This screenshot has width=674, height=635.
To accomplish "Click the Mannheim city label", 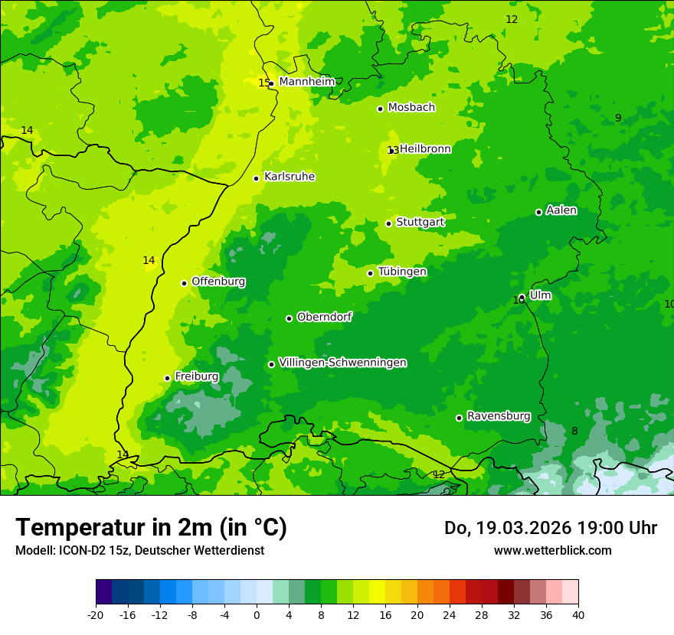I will tap(307, 82).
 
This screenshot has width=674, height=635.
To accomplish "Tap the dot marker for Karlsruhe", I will tap(257, 178).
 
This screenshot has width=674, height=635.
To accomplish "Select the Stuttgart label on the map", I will tap(420, 222).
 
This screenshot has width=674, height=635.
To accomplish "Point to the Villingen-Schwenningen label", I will tap(342, 363).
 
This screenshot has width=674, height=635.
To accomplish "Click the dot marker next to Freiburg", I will tap(168, 378).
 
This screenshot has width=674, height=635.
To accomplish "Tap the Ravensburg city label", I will tap(499, 416).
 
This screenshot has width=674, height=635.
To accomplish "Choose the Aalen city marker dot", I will tap(538, 212).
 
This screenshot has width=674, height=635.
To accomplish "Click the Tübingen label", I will tap(402, 272).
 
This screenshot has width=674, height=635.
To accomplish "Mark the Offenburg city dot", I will tap(184, 283).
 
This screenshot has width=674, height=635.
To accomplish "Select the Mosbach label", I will tap(411, 107).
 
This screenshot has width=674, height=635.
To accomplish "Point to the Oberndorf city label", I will tap(325, 317).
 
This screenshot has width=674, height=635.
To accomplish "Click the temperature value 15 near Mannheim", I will tap(263, 83).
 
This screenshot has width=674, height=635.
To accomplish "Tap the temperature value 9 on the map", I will tap(618, 118).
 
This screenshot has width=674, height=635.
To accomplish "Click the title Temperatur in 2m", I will tap(151, 527).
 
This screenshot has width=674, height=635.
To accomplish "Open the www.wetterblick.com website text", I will tap(552, 550).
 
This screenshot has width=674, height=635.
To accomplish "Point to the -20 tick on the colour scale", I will tap(96, 614).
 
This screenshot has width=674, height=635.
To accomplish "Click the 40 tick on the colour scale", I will tap(578, 614).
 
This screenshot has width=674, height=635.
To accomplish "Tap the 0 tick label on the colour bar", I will tap(257, 614).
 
